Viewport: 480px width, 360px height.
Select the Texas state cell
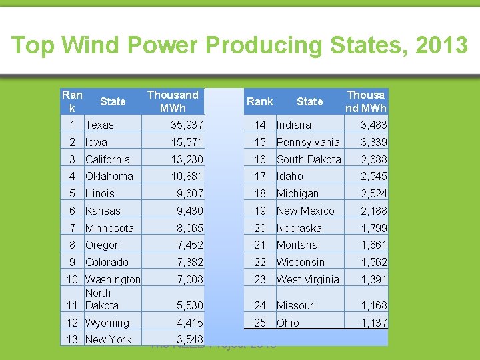[x=100, y=125]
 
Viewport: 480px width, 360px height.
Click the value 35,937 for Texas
[x=187, y=125]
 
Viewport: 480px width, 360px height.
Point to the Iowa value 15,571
[x=187, y=142]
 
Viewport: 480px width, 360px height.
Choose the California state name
[x=108, y=159]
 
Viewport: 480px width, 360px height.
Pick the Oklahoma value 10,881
[x=187, y=176]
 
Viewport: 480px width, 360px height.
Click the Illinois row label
[x=100, y=193]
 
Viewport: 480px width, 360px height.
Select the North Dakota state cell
[x=101, y=299]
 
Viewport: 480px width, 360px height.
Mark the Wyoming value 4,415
[x=190, y=323]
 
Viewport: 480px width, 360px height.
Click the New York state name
[x=109, y=339]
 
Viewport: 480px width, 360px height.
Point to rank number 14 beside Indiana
[x=260, y=125]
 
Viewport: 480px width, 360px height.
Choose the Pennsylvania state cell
[x=308, y=142]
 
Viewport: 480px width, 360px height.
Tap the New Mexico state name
[x=305, y=211]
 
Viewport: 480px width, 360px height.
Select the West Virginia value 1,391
[x=374, y=279]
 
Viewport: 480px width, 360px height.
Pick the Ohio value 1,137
[x=374, y=323]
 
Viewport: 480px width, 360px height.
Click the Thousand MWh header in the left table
[x=173, y=101]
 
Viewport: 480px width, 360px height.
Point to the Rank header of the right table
[x=259, y=101]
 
